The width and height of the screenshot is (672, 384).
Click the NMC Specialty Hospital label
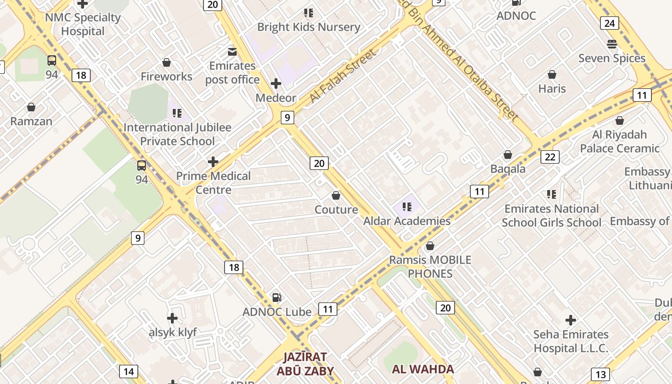[83, 24]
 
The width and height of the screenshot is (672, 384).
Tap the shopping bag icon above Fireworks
[167, 62]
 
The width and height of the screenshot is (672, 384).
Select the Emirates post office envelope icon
[232, 51]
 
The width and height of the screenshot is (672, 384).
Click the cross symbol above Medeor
[276, 84]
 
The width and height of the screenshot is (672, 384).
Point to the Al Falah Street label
[343, 77]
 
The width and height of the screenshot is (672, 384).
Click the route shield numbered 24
[609, 23]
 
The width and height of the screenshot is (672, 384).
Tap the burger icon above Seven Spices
[612, 44]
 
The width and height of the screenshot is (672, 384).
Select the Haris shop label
[552, 88]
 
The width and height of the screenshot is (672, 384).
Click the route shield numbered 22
[550, 157]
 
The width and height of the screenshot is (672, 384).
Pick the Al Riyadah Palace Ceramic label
[620, 142]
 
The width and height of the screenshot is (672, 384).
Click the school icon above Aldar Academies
[407, 207]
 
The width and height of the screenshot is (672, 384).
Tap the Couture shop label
[336, 210]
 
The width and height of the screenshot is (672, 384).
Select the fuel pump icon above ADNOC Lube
[276, 298]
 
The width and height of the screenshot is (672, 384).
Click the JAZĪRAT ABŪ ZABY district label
[305, 364]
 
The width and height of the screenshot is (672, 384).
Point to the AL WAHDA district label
[423, 369]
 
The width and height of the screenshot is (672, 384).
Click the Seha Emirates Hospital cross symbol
[571, 320]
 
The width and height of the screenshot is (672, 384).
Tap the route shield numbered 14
[128, 372]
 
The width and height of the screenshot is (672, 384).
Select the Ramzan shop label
[31, 121]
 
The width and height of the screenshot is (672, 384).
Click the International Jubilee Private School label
[178, 134]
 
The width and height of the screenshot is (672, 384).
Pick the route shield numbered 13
[600, 374]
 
